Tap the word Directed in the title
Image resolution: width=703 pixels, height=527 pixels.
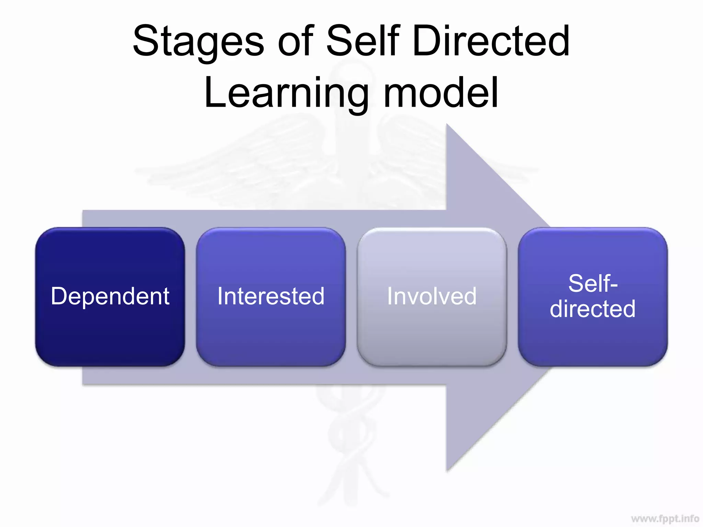point(491,40)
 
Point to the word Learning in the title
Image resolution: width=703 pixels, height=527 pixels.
point(286,93)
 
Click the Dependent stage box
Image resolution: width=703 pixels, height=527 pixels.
point(110,329)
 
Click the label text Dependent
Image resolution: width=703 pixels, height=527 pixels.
point(110,296)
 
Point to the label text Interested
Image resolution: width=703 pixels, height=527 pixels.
point(271,296)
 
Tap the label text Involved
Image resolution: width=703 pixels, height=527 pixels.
point(432,296)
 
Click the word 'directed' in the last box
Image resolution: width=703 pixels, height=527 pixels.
point(593,309)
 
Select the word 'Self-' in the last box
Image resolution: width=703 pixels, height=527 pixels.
point(593,283)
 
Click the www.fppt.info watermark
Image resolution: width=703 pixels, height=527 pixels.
point(665,518)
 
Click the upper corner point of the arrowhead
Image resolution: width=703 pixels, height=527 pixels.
point(447,124)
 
